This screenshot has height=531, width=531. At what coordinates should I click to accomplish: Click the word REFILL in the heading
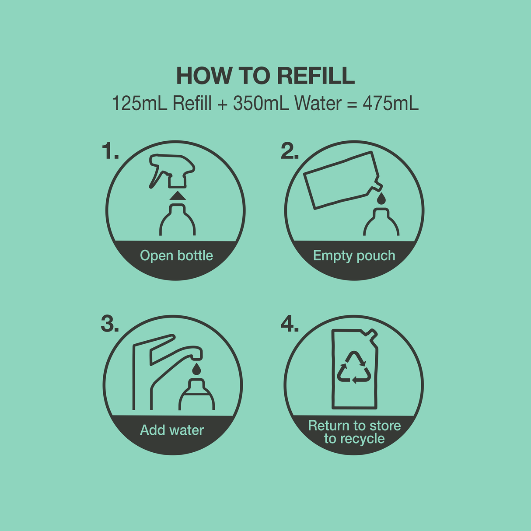[x=316, y=76]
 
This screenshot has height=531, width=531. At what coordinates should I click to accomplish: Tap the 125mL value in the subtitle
[x=140, y=104]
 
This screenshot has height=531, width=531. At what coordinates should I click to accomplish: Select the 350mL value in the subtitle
[x=261, y=104]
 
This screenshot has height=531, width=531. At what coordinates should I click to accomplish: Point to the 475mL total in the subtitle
[x=390, y=104]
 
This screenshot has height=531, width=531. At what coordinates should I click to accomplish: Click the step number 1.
[x=109, y=152]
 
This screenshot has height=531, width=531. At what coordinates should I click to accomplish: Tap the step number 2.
[x=289, y=152]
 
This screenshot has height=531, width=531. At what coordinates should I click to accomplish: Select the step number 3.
[x=109, y=325]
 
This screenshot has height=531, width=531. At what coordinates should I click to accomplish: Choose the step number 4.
[x=289, y=325]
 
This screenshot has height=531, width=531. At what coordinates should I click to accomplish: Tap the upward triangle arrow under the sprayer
[x=178, y=196]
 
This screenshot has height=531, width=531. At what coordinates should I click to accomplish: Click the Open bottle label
[x=176, y=256]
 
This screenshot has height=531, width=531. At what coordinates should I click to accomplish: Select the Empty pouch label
[x=354, y=256]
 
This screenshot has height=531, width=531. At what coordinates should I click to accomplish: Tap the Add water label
[x=172, y=430]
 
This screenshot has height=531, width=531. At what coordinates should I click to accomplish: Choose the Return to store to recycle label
[x=354, y=432]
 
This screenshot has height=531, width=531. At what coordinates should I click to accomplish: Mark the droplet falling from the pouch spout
[x=382, y=199]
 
